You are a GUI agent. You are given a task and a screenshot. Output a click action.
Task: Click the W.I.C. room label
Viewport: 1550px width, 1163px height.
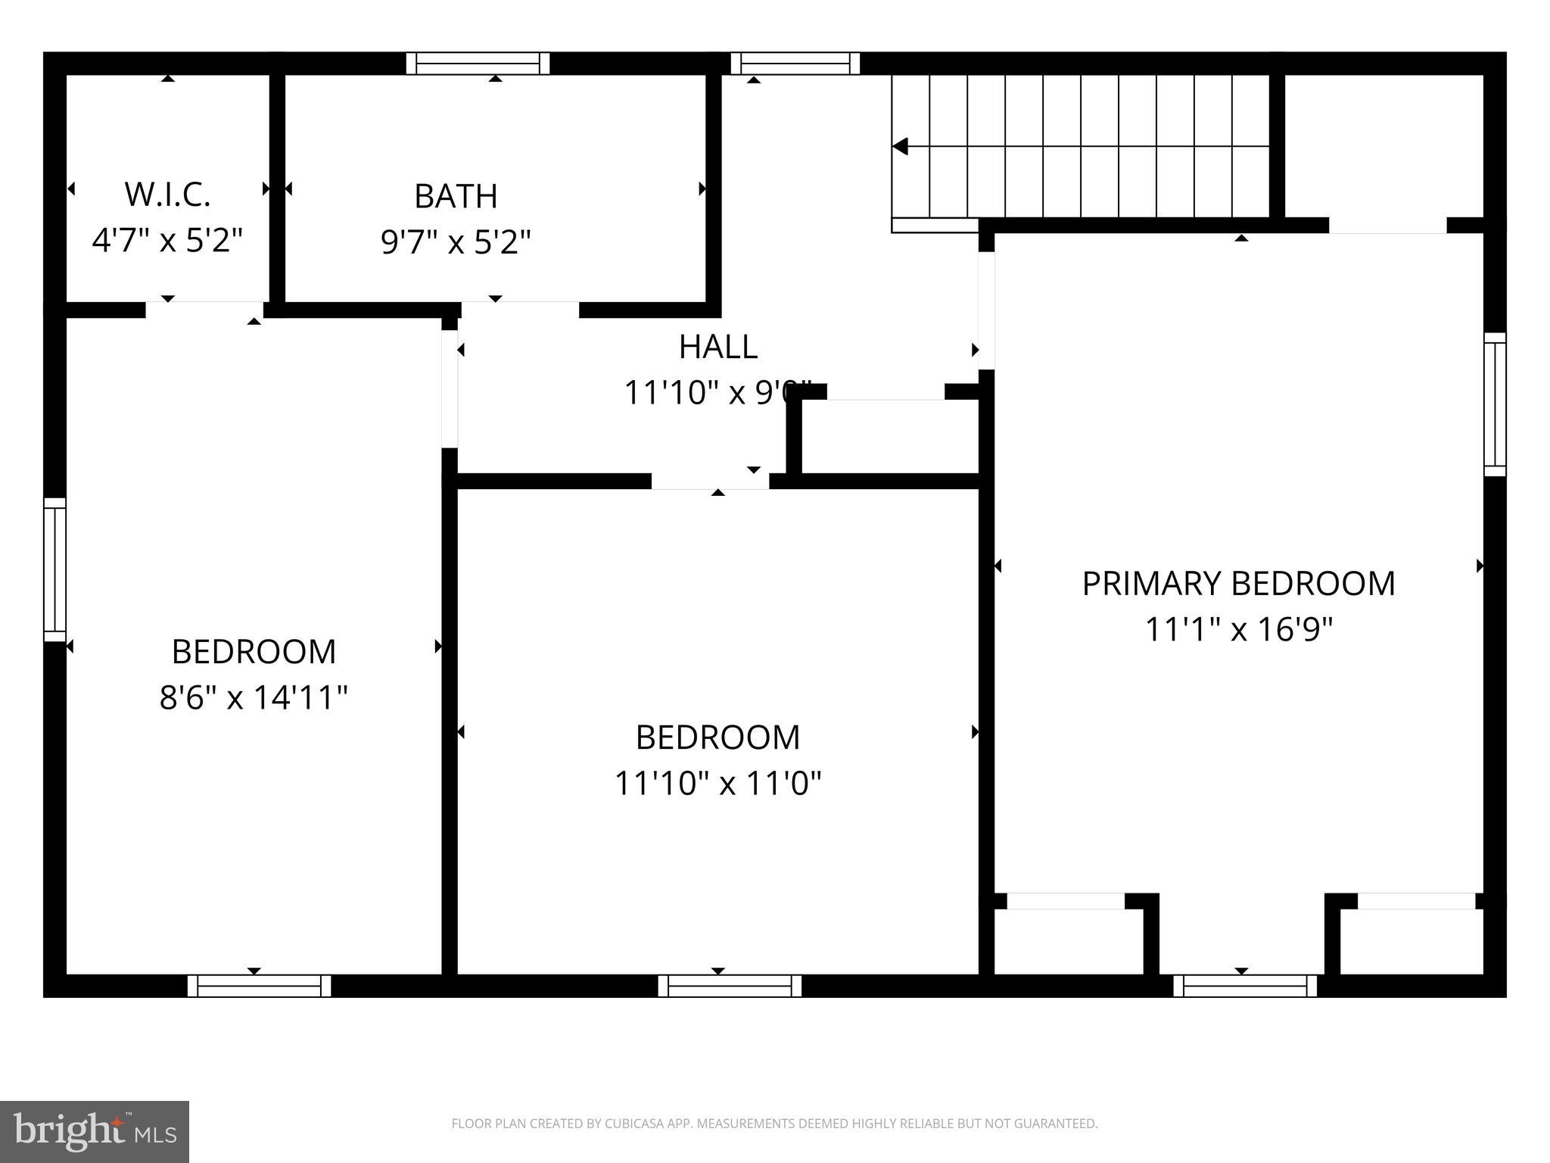pyautogui.click(x=167, y=195)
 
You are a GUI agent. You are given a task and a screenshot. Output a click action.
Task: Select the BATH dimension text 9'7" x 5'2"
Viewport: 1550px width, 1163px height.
pyautogui.click(x=456, y=242)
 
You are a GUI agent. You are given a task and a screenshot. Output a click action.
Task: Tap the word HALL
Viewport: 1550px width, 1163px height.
pyautogui.click(x=717, y=347)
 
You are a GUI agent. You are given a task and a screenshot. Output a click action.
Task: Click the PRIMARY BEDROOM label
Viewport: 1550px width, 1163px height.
pyautogui.click(x=1238, y=584)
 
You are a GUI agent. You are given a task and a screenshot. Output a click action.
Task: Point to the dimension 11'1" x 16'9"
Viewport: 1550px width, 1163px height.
pyautogui.click(x=1238, y=629)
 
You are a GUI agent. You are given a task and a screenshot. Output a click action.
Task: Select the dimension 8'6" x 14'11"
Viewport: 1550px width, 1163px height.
pyautogui.click(x=254, y=697)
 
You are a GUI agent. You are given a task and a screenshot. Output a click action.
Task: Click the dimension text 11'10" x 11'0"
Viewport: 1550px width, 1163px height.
pyautogui.click(x=717, y=783)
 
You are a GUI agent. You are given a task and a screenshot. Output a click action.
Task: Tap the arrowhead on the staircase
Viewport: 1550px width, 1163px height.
pyautogui.click(x=901, y=146)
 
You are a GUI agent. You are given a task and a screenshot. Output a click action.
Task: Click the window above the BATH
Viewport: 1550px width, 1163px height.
pyautogui.click(x=478, y=64)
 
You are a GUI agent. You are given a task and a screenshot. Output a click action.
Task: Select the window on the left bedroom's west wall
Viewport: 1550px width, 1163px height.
pyautogui.click(x=54, y=569)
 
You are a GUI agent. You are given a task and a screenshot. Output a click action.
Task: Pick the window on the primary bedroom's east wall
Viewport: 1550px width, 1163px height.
pyautogui.click(x=1494, y=404)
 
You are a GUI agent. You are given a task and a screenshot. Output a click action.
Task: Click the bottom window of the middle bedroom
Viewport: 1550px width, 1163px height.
pyautogui.click(x=730, y=985)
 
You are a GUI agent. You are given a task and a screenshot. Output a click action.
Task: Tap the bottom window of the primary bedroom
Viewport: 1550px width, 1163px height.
pyautogui.click(x=1245, y=985)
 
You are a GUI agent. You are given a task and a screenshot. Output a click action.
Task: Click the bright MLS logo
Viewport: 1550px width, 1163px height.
pyautogui.click(x=95, y=1131)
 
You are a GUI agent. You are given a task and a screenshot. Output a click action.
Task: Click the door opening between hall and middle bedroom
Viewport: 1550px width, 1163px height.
pyautogui.click(x=710, y=482)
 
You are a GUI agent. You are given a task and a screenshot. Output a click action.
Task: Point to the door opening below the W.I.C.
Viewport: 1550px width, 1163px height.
pyautogui.click(x=204, y=310)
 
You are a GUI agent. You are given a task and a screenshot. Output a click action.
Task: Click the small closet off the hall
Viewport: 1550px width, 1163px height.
pyautogui.click(x=890, y=437)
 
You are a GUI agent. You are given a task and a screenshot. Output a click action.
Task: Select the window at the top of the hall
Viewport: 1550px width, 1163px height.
pyautogui.click(x=795, y=64)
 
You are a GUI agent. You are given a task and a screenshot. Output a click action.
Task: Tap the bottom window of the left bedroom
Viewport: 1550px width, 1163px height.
pyautogui.click(x=259, y=985)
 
